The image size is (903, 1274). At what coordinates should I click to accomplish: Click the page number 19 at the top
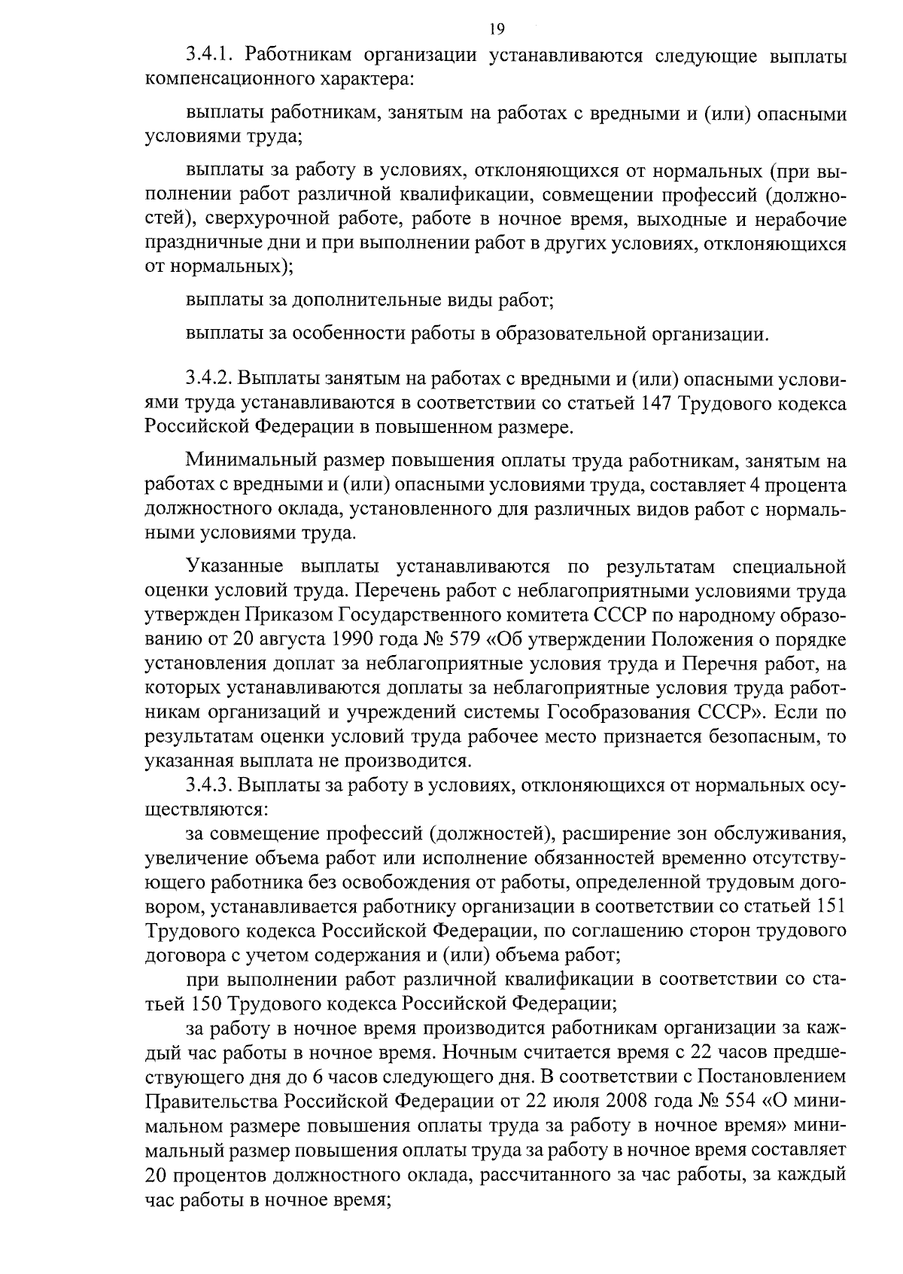(x=496, y=29)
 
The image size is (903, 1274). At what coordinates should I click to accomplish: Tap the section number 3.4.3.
(x=211, y=785)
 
